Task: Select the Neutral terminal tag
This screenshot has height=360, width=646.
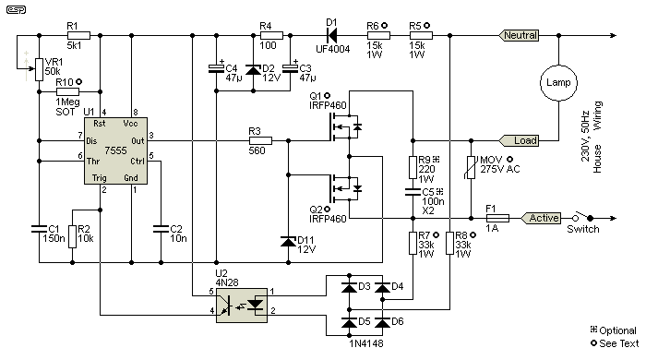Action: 519,35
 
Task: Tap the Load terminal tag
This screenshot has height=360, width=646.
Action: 519,141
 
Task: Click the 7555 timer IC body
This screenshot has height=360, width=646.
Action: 115,150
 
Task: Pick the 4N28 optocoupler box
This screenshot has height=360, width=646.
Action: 242,306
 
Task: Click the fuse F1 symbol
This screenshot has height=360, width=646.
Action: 497,218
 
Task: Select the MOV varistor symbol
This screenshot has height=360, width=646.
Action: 471,167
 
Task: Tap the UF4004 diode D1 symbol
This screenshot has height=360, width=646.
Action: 331,35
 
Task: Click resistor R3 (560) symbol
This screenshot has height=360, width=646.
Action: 260,141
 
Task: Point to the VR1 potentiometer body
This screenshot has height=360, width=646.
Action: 39,69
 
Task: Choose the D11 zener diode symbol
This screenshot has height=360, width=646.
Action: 288,242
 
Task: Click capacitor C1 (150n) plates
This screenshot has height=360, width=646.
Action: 39,229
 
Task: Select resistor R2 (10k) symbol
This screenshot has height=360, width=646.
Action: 72,236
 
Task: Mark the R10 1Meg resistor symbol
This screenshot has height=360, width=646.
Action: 67,92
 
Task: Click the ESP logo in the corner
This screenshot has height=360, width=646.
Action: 16,10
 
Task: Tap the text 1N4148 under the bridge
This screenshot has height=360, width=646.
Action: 366,343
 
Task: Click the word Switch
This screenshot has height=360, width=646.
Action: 583,229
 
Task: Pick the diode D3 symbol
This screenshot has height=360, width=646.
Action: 349,287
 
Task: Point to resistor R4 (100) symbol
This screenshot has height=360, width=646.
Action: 271,35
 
